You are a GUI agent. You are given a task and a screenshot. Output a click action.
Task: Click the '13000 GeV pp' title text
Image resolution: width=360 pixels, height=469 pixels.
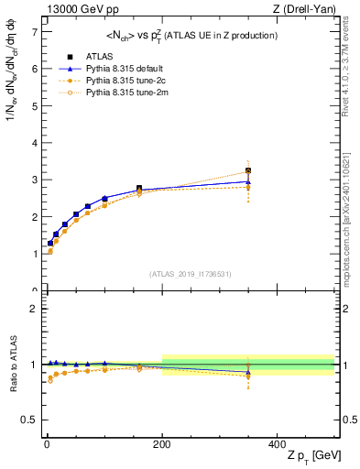(x=76, y=8)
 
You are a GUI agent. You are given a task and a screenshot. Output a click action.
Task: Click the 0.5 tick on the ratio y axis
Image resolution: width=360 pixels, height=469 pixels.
(x=30, y=420)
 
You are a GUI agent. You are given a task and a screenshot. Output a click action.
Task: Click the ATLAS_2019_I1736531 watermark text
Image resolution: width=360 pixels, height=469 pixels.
(x=190, y=274)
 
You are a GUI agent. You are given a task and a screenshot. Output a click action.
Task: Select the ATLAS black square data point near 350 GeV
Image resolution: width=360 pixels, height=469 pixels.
(x=248, y=171)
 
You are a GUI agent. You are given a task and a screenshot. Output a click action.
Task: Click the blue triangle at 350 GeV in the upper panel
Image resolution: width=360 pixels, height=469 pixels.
(x=248, y=181)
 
